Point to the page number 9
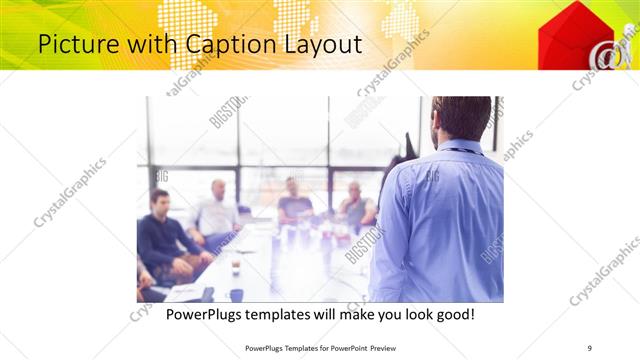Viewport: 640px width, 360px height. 590,347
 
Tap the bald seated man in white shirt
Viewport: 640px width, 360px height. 217,210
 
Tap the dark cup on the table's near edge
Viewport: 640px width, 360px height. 236,294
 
